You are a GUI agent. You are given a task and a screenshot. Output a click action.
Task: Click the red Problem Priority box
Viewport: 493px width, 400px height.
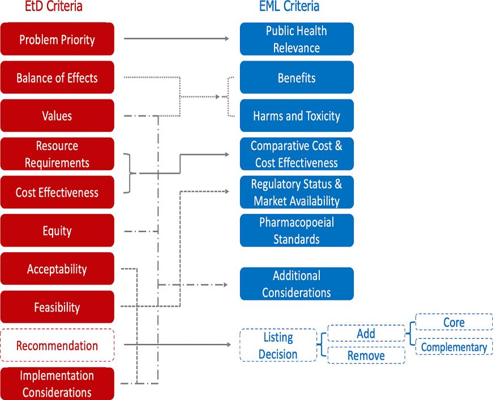click(57, 39)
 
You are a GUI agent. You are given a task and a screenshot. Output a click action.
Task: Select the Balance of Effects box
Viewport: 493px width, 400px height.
click(57, 78)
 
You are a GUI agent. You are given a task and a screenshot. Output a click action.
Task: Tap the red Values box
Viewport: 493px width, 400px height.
click(57, 115)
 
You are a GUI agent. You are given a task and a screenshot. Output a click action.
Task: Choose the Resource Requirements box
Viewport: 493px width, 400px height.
click(57, 154)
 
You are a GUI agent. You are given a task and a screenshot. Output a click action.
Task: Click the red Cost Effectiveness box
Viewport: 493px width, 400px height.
click(57, 192)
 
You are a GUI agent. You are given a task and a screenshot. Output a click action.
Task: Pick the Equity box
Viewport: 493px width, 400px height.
click(57, 230)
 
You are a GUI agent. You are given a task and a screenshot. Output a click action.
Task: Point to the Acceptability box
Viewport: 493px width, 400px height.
click(57, 269)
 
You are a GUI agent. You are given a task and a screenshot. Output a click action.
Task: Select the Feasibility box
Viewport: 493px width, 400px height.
click(57, 307)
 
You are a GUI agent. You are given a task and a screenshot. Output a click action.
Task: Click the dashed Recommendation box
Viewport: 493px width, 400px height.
click(57, 345)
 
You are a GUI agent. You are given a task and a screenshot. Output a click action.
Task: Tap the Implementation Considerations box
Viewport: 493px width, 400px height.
click(57, 384)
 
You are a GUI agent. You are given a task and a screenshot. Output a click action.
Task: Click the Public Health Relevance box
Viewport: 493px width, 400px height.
click(297, 39)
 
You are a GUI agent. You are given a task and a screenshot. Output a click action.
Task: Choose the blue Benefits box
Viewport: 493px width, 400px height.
click(297, 78)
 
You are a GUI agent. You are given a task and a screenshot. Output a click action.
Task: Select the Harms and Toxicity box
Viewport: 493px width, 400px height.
click(297, 115)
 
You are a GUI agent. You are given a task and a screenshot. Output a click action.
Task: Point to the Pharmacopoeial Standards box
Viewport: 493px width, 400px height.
click(297, 230)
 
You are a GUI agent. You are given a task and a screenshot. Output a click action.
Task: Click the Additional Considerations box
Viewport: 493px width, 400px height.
click(297, 284)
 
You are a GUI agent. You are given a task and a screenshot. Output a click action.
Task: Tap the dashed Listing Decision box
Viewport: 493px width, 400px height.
click(278, 345)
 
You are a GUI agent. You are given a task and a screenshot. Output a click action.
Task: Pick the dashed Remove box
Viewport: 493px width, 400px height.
click(366, 355)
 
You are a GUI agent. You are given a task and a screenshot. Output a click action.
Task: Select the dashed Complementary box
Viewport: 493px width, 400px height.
click(454, 347)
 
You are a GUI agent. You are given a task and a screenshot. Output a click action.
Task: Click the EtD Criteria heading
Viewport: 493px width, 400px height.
click(54, 6)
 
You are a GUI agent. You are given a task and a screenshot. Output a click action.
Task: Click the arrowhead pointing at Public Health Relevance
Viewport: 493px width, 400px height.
click(227, 38)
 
